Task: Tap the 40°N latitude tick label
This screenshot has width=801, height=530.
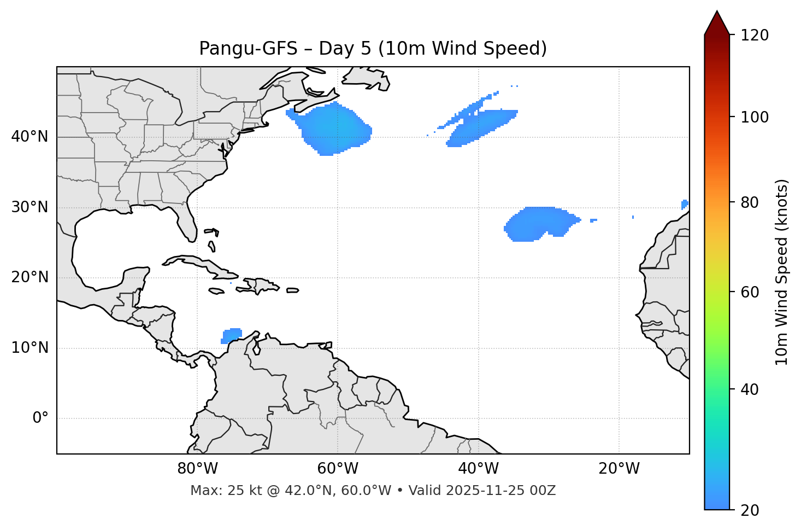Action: point(30,137)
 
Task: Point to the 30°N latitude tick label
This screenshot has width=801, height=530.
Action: point(30,207)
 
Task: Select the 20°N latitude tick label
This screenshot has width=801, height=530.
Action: point(30,277)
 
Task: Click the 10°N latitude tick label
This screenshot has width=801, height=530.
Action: point(30,348)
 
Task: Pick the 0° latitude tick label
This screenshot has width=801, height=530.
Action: point(40,418)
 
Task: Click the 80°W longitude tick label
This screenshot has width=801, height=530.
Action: point(197,469)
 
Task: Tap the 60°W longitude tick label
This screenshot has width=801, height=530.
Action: point(338,469)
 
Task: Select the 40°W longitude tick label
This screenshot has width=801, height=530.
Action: point(478,469)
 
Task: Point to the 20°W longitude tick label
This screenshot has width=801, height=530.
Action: point(619,469)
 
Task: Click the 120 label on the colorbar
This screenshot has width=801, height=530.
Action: point(754,36)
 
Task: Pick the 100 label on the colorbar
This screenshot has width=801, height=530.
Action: point(754,117)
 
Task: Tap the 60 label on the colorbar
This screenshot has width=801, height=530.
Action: point(750,292)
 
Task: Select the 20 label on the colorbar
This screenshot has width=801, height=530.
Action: point(750,510)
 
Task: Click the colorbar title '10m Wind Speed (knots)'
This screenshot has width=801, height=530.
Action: point(782,272)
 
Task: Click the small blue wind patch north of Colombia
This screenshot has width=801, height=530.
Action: point(232,335)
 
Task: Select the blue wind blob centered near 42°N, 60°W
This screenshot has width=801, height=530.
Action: point(334,130)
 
